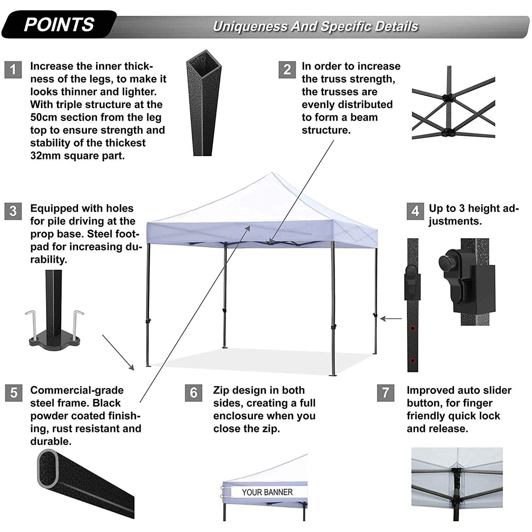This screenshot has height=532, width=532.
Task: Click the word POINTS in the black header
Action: (59, 25)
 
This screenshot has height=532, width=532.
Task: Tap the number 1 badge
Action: (13, 70)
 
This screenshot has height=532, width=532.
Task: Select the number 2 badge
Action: (287, 70)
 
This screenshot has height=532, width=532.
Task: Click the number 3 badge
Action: (13, 211)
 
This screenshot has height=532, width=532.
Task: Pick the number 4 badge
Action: (415, 211)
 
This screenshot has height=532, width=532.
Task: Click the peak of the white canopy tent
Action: (272, 173)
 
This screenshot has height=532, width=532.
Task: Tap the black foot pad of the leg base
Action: (55, 342)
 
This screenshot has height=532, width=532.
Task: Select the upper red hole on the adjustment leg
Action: (412, 328)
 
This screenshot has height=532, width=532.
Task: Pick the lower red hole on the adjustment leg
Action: (412, 361)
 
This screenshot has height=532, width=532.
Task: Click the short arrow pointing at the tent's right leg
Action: (391, 318)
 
